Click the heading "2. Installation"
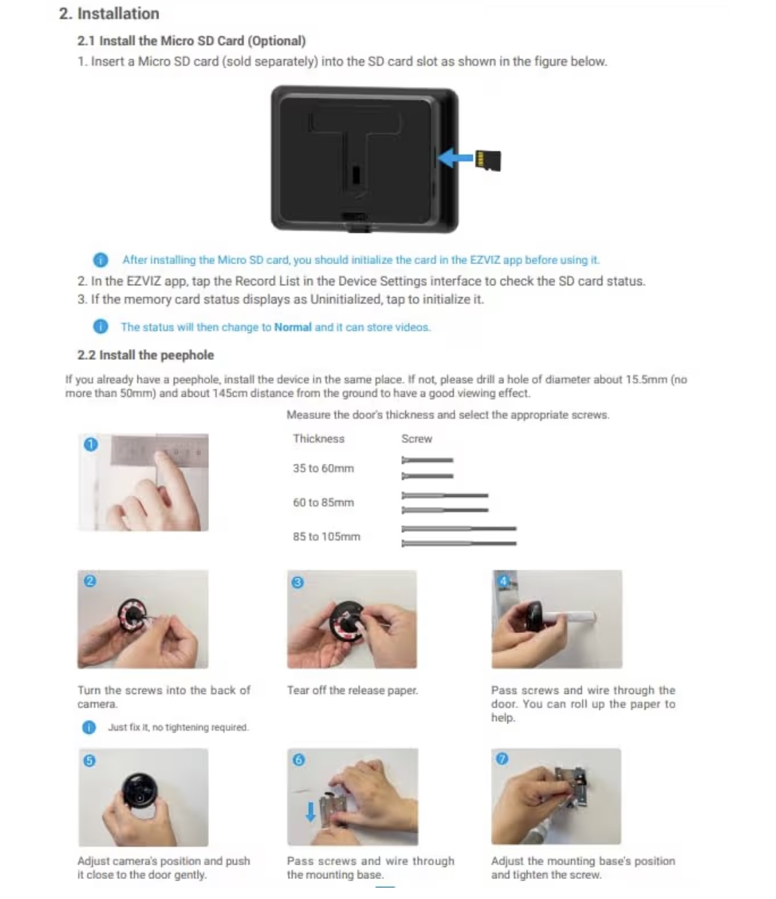(x=109, y=14)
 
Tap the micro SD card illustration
(x=487, y=160)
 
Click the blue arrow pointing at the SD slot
(x=455, y=157)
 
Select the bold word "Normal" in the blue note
(x=292, y=327)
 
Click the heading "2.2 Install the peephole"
(x=146, y=355)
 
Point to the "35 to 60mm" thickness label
(x=323, y=468)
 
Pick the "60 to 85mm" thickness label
(x=323, y=502)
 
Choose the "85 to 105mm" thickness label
(x=326, y=536)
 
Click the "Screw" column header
(x=417, y=439)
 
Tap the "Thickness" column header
(x=318, y=439)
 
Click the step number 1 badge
(x=91, y=445)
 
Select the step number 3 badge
(x=298, y=582)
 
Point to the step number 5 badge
(x=89, y=761)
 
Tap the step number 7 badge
(x=502, y=758)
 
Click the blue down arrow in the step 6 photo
(x=310, y=811)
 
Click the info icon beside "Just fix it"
(x=89, y=727)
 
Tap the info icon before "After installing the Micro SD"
(x=100, y=259)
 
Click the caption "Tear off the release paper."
(x=353, y=690)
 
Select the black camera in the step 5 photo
(x=140, y=790)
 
